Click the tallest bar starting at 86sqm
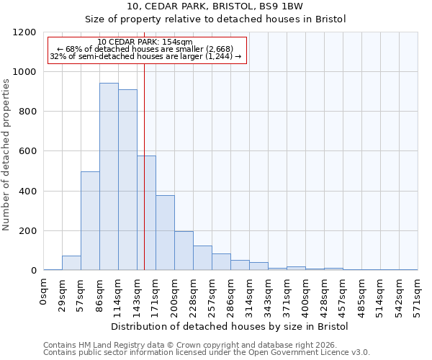(109, 176)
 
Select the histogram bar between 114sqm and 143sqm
(127, 180)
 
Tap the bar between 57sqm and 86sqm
(90, 221)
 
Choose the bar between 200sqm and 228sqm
(184, 251)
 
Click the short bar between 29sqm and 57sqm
(71, 263)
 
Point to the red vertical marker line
(144, 180)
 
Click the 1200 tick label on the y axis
(24, 32)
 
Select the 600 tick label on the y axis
(27, 151)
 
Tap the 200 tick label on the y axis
(27, 231)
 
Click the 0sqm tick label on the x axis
(44, 291)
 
